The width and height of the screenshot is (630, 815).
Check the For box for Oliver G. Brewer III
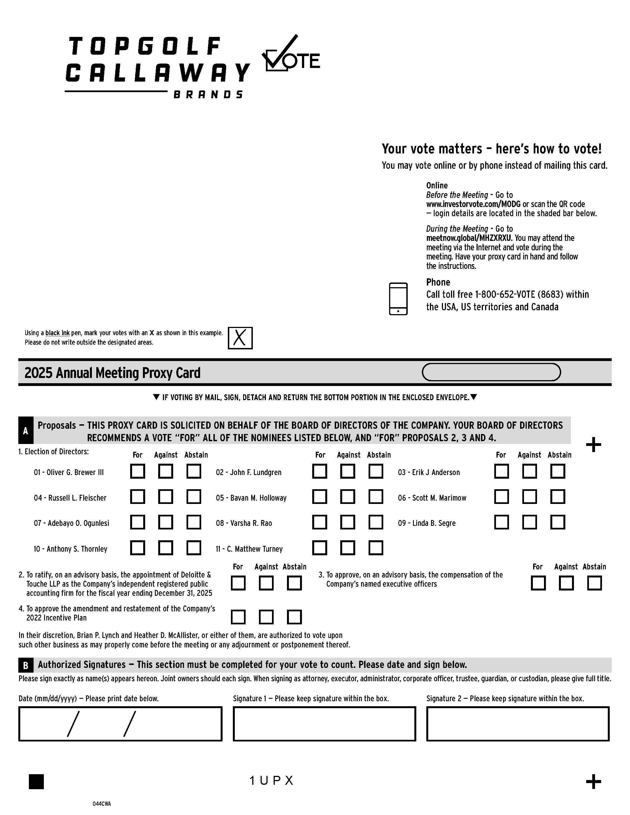pos(137,471)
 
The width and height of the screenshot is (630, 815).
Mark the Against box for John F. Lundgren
pos(347,471)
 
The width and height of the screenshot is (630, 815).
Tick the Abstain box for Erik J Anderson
pos(558,471)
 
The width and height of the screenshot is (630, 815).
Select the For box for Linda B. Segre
pos(501,523)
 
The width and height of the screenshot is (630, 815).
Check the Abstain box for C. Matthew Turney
pos(376,548)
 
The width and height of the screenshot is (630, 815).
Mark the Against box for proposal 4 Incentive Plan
pos(266,617)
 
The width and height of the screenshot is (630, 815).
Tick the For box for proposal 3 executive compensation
pos(538,583)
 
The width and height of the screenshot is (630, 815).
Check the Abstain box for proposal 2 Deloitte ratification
pos(294,583)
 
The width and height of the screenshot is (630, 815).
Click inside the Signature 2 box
pos(518,724)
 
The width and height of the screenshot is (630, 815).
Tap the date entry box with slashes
pos(120,724)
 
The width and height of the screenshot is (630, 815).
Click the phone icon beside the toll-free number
pos(398,299)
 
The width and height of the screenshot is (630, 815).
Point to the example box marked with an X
pos(240,338)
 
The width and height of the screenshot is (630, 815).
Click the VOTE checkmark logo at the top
pos(291,54)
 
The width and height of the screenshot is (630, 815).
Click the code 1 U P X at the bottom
pos(271,781)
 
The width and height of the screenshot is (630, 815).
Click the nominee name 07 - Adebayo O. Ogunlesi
pos(71,523)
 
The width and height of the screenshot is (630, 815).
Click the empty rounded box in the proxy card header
pos(491,372)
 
